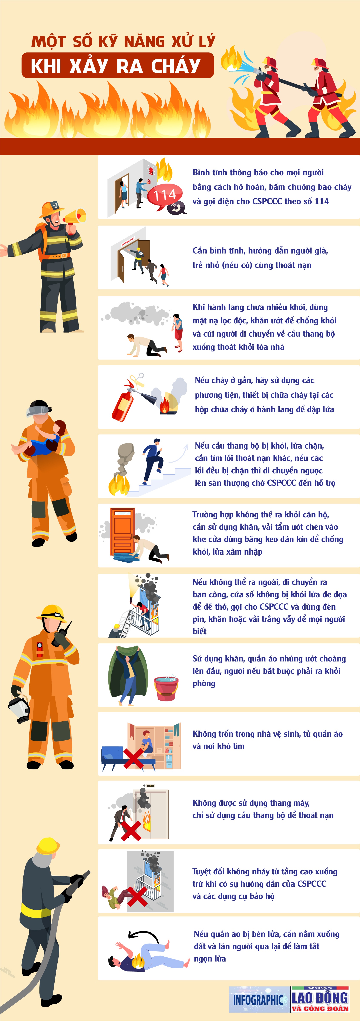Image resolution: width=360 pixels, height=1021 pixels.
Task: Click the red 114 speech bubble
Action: [165, 195]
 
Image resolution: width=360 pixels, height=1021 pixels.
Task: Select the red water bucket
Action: [166, 688]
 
